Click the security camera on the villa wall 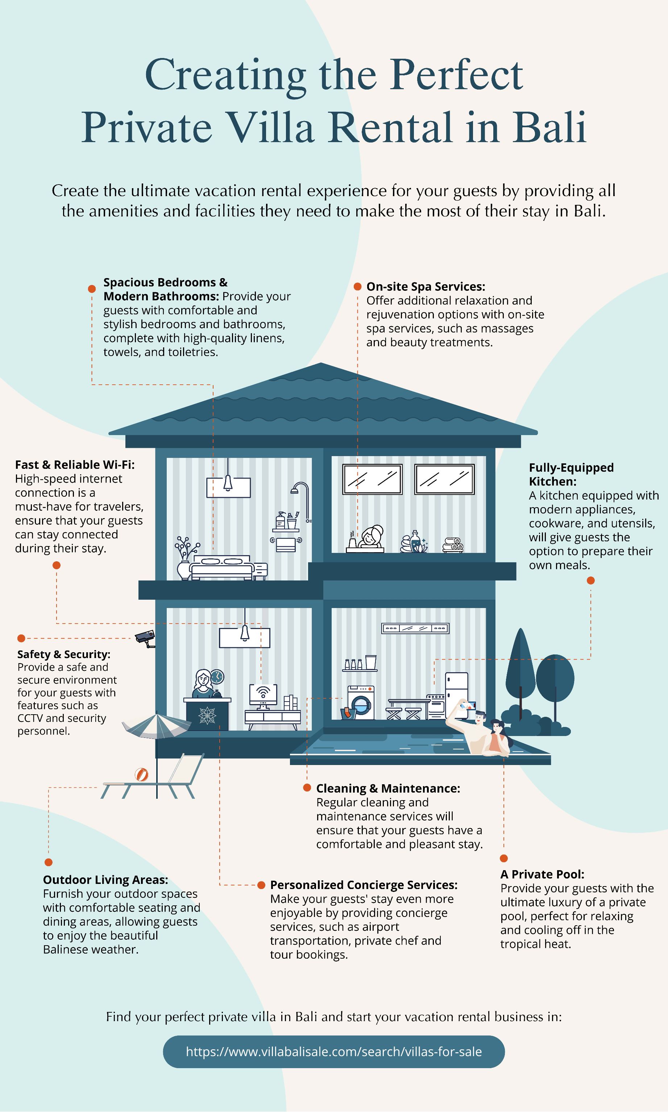coord(145,637)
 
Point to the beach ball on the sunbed coord(141,774)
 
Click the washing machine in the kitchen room coord(361,703)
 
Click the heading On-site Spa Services coord(426,286)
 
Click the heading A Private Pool coord(542,874)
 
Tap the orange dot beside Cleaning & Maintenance coord(307,788)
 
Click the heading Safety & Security coord(63,654)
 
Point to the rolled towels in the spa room coord(453,545)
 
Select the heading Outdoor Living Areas coord(105,879)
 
